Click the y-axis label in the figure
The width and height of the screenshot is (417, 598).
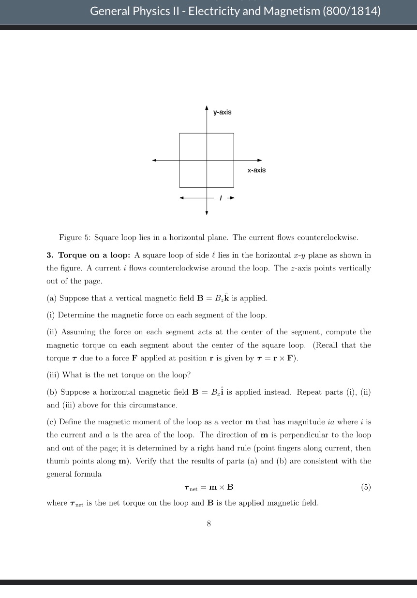[x=222, y=112]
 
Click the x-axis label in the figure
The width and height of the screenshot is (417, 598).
[x=256, y=170]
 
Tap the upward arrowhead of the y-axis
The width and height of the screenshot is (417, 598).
[x=207, y=107]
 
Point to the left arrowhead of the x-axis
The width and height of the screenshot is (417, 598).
[x=154, y=160]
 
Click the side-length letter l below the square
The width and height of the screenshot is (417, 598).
[x=221, y=198]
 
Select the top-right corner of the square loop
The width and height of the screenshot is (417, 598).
[x=234, y=134]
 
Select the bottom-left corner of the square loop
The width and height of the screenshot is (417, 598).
[x=179, y=187]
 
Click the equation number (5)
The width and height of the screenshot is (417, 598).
[x=366, y=487]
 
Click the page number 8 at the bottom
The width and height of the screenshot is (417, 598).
[x=208, y=523]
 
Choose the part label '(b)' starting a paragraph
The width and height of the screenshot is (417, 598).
[x=52, y=392]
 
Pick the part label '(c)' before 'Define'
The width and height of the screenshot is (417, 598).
[x=52, y=421]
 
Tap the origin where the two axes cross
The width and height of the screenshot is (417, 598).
[x=207, y=160]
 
